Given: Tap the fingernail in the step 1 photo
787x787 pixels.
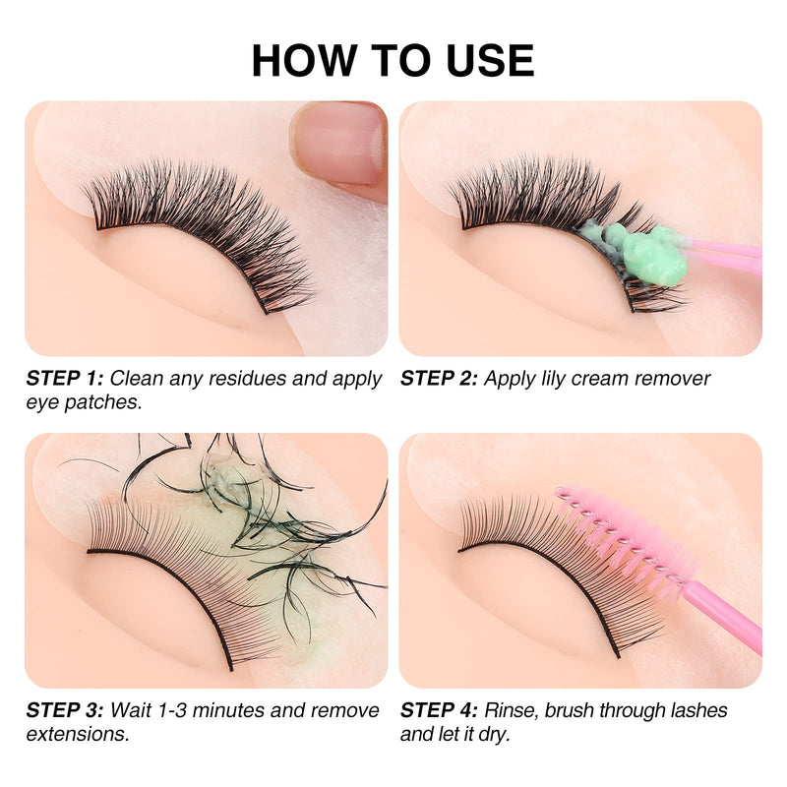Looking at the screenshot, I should pyautogui.click(x=339, y=143).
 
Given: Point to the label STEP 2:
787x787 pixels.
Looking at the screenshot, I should pyautogui.click(x=439, y=379).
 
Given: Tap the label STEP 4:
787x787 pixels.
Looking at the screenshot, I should pyautogui.click(x=439, y=710).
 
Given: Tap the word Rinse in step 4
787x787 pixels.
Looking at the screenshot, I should pyautogui.click(x=513, y=710).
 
